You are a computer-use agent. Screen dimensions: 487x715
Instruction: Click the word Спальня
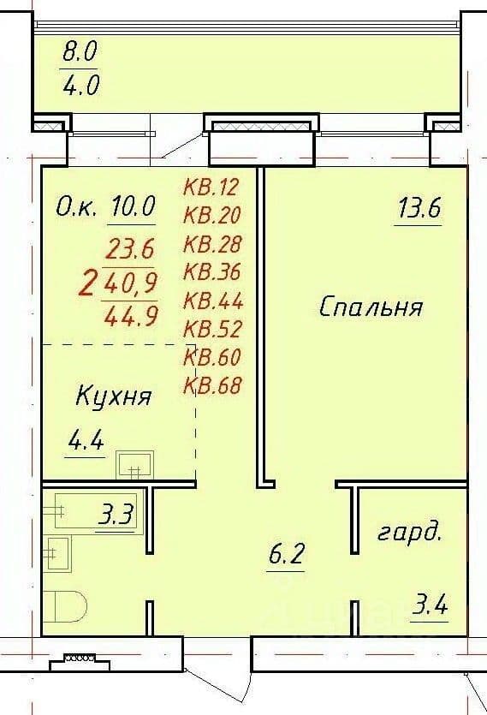pos(371,307)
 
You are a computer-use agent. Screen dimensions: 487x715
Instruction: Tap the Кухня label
pos(113,396)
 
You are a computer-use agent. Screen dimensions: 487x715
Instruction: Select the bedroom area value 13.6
pos(419,209)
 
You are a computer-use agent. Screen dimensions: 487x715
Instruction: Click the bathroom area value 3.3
pos(115,516)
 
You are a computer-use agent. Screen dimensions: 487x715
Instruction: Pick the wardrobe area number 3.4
pos(429,606)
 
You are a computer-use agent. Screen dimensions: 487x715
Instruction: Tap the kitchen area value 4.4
pos(86,441)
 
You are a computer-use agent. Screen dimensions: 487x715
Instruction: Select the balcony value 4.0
pos(80,85)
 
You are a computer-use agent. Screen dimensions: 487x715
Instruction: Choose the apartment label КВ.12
pos(211,187)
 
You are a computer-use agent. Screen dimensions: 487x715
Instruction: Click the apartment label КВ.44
pos(213,301)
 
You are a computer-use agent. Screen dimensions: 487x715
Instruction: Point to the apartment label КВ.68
pos(212,386)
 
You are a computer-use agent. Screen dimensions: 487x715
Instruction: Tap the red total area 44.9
pos(131,316)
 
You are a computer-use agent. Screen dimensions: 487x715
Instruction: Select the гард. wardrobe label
pos(409,533)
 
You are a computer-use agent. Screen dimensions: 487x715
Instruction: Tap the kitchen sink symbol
pos(134,464)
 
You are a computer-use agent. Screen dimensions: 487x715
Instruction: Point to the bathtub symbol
pos(96,509)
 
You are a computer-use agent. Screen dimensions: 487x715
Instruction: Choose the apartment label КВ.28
pos(212,244)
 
